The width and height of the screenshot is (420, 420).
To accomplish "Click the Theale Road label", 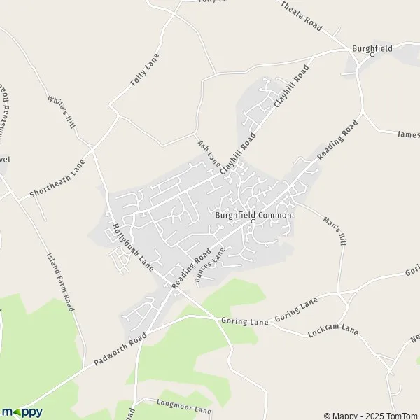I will coord(302,15).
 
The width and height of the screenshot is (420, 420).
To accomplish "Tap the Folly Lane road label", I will coord(145,69).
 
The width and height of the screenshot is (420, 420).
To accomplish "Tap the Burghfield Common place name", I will coord(253,214).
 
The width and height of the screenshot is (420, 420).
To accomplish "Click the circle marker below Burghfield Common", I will coord(253,222).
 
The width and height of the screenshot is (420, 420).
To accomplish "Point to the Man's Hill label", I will coord(335,230).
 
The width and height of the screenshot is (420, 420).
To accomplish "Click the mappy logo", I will coord(22,412).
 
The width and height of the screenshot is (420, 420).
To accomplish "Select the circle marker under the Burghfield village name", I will coord(372,55).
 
